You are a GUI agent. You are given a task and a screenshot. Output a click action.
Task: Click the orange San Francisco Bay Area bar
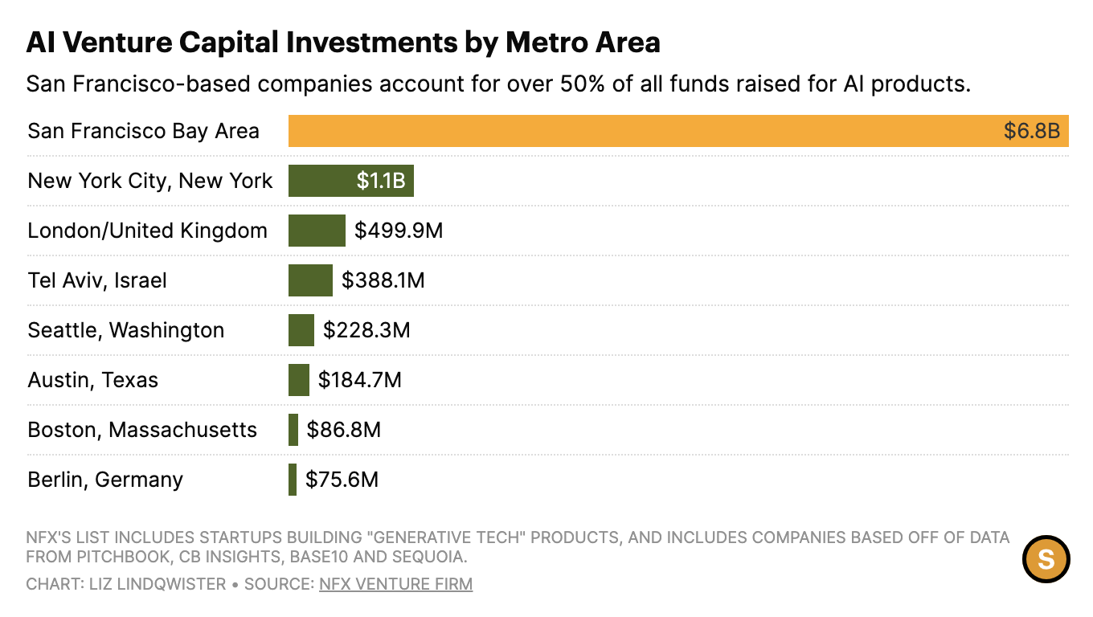point(643,131)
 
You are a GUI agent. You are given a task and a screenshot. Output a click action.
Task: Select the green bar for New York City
point(321,181)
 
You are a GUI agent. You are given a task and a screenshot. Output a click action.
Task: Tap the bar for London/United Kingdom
point(317,231)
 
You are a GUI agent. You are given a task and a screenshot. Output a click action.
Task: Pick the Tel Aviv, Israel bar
point(310,280)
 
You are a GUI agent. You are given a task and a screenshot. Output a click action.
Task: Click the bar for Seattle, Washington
point(301,330)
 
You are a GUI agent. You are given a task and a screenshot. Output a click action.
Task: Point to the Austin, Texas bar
point(299,380)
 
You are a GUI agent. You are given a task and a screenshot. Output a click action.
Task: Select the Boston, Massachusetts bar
point(293,430)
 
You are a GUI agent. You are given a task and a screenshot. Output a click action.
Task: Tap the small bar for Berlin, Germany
point(293,480)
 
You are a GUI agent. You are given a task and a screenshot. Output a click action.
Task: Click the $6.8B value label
point(1032,131)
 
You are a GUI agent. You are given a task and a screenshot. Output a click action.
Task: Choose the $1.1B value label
point(381,181)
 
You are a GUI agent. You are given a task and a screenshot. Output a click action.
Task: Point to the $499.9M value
point(399,231)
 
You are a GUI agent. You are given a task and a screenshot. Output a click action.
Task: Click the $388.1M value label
point(383,280)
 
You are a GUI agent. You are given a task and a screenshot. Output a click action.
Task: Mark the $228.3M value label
point(366,330)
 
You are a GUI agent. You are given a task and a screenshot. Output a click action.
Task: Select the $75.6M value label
point(342,480)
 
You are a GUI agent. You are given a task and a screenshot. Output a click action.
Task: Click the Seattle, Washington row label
point(125,330)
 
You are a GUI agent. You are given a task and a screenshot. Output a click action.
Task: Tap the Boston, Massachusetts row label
point(142,430)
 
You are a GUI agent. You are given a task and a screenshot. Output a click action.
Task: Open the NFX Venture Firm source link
point(395,584)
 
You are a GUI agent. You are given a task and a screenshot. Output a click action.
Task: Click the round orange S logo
point(1046,558)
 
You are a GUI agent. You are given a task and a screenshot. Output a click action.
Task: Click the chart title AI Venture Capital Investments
point(343,42)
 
